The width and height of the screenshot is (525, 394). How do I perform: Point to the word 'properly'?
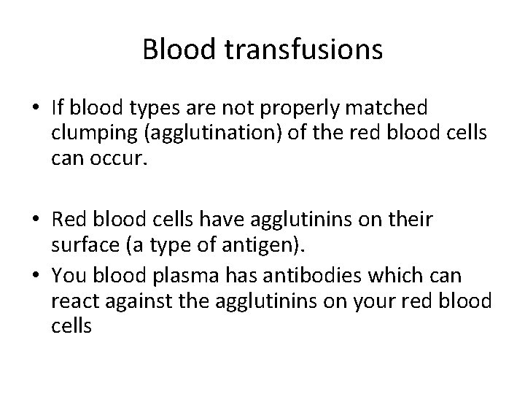pos(310,109)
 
